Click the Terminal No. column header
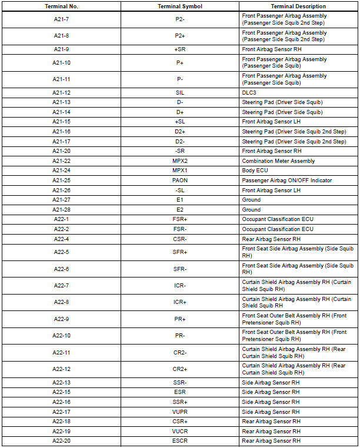61,6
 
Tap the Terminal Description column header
298,6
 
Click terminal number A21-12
61,93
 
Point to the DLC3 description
249,93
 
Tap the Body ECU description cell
255,170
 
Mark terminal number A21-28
61,209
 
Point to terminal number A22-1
61,219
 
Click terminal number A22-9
61,319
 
